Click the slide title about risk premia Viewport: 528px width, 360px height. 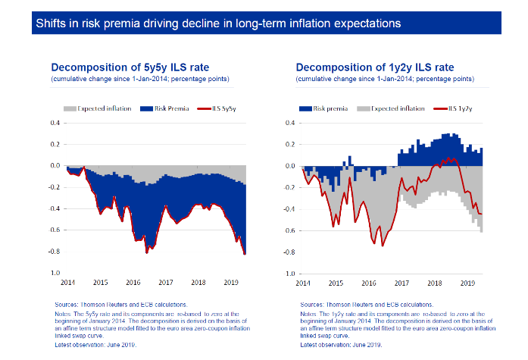pos(218,23)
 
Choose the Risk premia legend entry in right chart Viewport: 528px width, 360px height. pos(328,109)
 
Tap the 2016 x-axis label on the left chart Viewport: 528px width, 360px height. pos(133,283)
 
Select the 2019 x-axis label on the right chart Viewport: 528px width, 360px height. pos(467,283)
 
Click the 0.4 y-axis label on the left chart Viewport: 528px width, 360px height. pos(55,123)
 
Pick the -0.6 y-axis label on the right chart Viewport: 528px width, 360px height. pos(289,230)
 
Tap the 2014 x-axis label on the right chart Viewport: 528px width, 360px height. pos(303,283)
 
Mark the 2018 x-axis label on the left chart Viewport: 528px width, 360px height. pos(198,283)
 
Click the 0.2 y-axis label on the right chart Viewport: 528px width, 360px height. pos(291,144)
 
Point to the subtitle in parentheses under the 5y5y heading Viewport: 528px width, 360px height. pos(140,79)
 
